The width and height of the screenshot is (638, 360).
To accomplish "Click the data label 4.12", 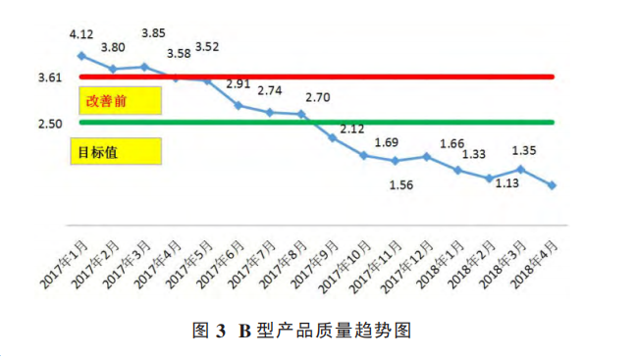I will click(x=81, y=35).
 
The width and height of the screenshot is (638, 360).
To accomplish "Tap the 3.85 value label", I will click(x=153, y=32).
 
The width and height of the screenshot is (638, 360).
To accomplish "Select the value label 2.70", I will click(x=317, y=97).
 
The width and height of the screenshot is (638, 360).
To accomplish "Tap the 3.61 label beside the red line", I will click(x=50, y=77).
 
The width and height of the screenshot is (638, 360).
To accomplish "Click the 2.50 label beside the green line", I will click(x=50, y=123).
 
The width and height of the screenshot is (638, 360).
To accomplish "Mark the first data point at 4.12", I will click(x=81, y=56).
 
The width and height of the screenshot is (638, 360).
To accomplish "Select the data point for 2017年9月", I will click(x=333, y=137).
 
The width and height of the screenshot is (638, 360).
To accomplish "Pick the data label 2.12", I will click(x=352, y=129).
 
